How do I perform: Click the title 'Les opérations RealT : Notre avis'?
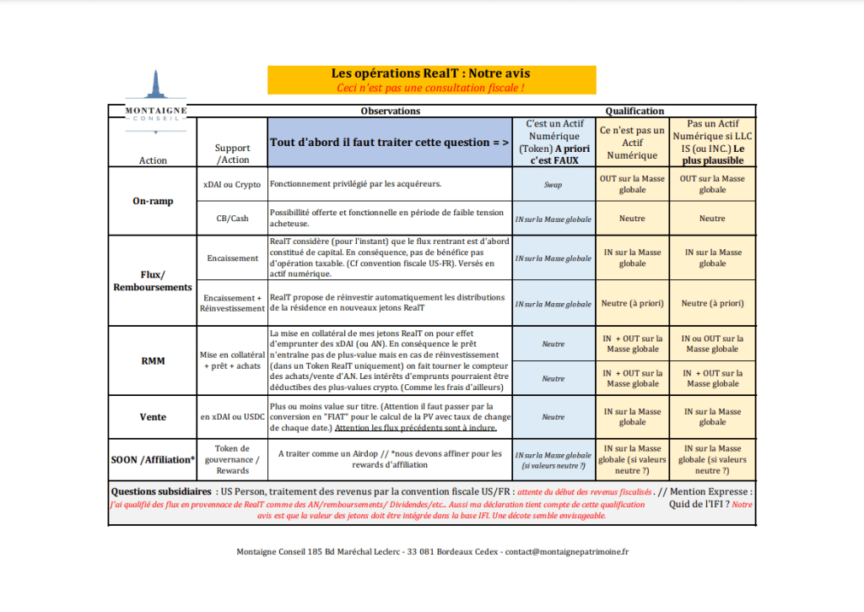[x=431, y=74]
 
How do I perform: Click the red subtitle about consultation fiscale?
[x=431, y=87]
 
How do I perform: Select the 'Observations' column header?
[x=390, y=111]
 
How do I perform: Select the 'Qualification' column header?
[x=634, y=111]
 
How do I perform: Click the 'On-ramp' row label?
[x=152, y=201]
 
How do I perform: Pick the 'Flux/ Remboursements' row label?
[x=152, y=281]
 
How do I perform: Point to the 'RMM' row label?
[x=152, y=360]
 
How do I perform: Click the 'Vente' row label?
[x=152, y=417]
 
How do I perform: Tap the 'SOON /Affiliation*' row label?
[x=152, y=460]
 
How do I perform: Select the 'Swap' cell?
[x=553, y=184]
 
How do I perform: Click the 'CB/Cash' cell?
[x=232, y=219]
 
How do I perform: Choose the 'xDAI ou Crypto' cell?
[x=232, y=184]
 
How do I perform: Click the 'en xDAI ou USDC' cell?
[x=232, y=417]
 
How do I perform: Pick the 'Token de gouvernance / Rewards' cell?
[x=232, y=459]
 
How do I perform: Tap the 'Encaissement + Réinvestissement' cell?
[x=232, y=303]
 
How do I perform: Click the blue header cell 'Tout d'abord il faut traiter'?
[x=389, y=143]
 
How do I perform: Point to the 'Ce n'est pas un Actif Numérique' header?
[x=633, y=143]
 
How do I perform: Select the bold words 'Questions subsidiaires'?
[x=161, y=491]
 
